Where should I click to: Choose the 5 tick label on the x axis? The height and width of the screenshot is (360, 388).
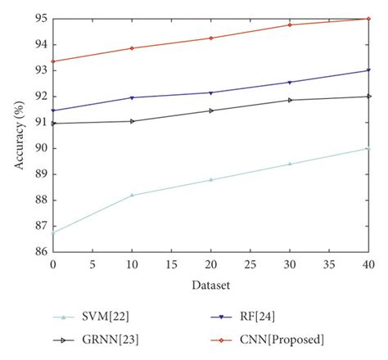92,266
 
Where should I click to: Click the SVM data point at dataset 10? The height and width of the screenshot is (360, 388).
133,195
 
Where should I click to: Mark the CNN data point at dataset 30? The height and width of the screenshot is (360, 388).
290,25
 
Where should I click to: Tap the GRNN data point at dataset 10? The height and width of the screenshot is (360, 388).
133,121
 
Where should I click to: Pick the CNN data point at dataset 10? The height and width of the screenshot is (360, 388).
133,48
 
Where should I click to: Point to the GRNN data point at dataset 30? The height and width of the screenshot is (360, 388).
290,100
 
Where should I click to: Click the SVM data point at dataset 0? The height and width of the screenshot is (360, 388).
54,232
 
